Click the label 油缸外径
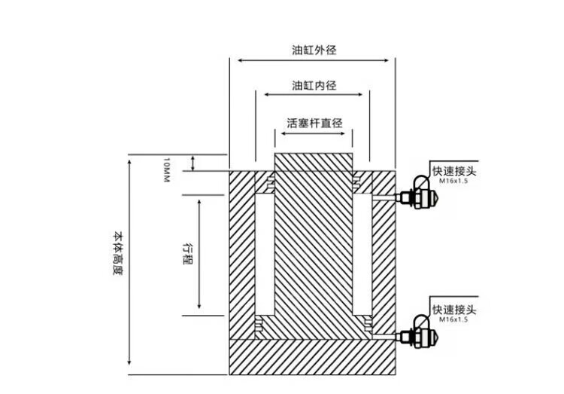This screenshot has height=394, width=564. click(x=314, y=51)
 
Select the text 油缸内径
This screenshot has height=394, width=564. click(x=314, y=86)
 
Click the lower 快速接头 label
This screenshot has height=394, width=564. click(x=455, y=310)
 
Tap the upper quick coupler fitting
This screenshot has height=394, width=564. click(x=419, y=197)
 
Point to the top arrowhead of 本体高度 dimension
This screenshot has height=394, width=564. click(x=129, y=160)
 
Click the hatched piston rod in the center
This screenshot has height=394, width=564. click(x=314, y=241)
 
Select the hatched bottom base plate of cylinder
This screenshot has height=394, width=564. click(x=311, y=356)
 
